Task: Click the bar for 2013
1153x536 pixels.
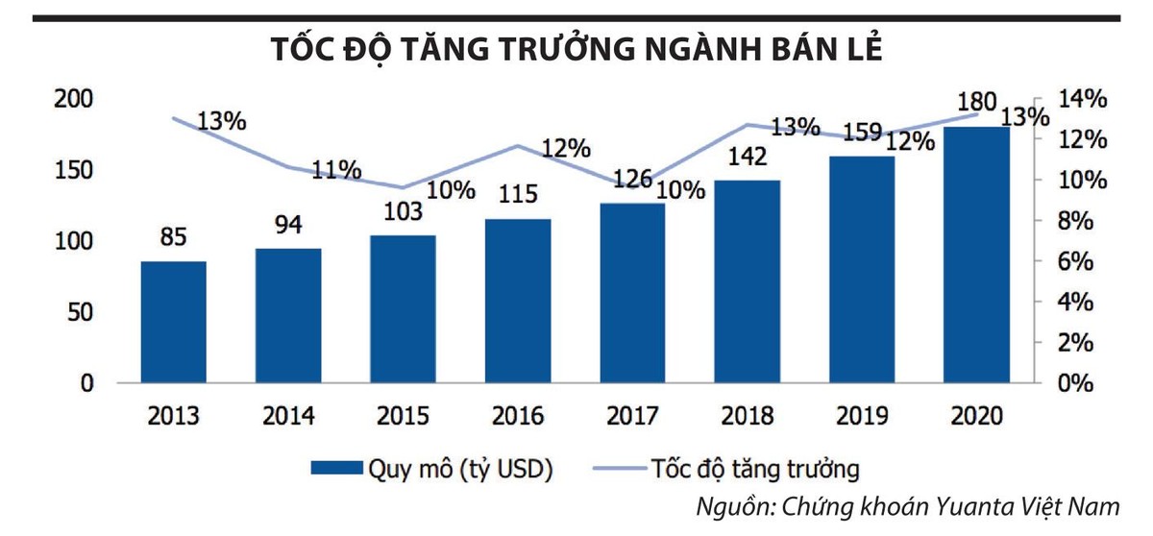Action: [174, 322]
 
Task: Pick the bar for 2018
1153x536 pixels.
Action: [748, 280]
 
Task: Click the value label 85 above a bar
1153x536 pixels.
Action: [174, 237]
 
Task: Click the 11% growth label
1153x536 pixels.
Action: [335, 171]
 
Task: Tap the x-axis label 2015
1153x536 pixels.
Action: [405, 416]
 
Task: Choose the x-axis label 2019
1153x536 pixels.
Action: [863, 416]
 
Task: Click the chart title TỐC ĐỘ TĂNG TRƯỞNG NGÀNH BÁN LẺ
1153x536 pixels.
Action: [576, 51]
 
